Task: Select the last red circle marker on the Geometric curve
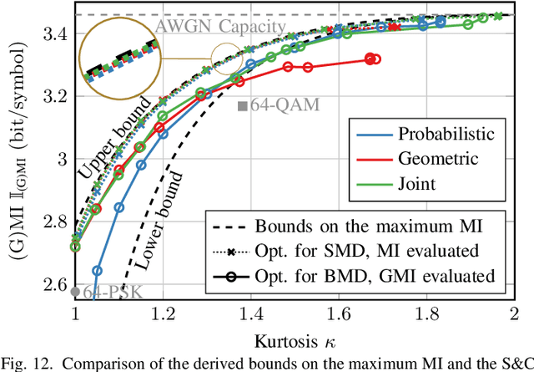coord(375,59)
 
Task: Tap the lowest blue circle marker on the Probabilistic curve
coord(97,271)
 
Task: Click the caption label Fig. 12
coord(23,364)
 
